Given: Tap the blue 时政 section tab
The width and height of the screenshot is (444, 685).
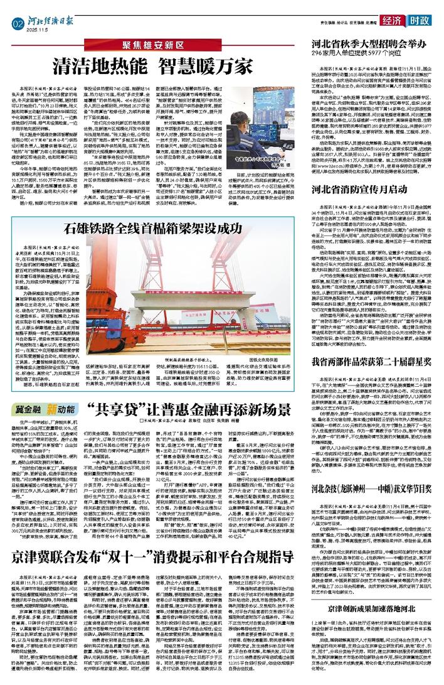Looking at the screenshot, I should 418,21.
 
